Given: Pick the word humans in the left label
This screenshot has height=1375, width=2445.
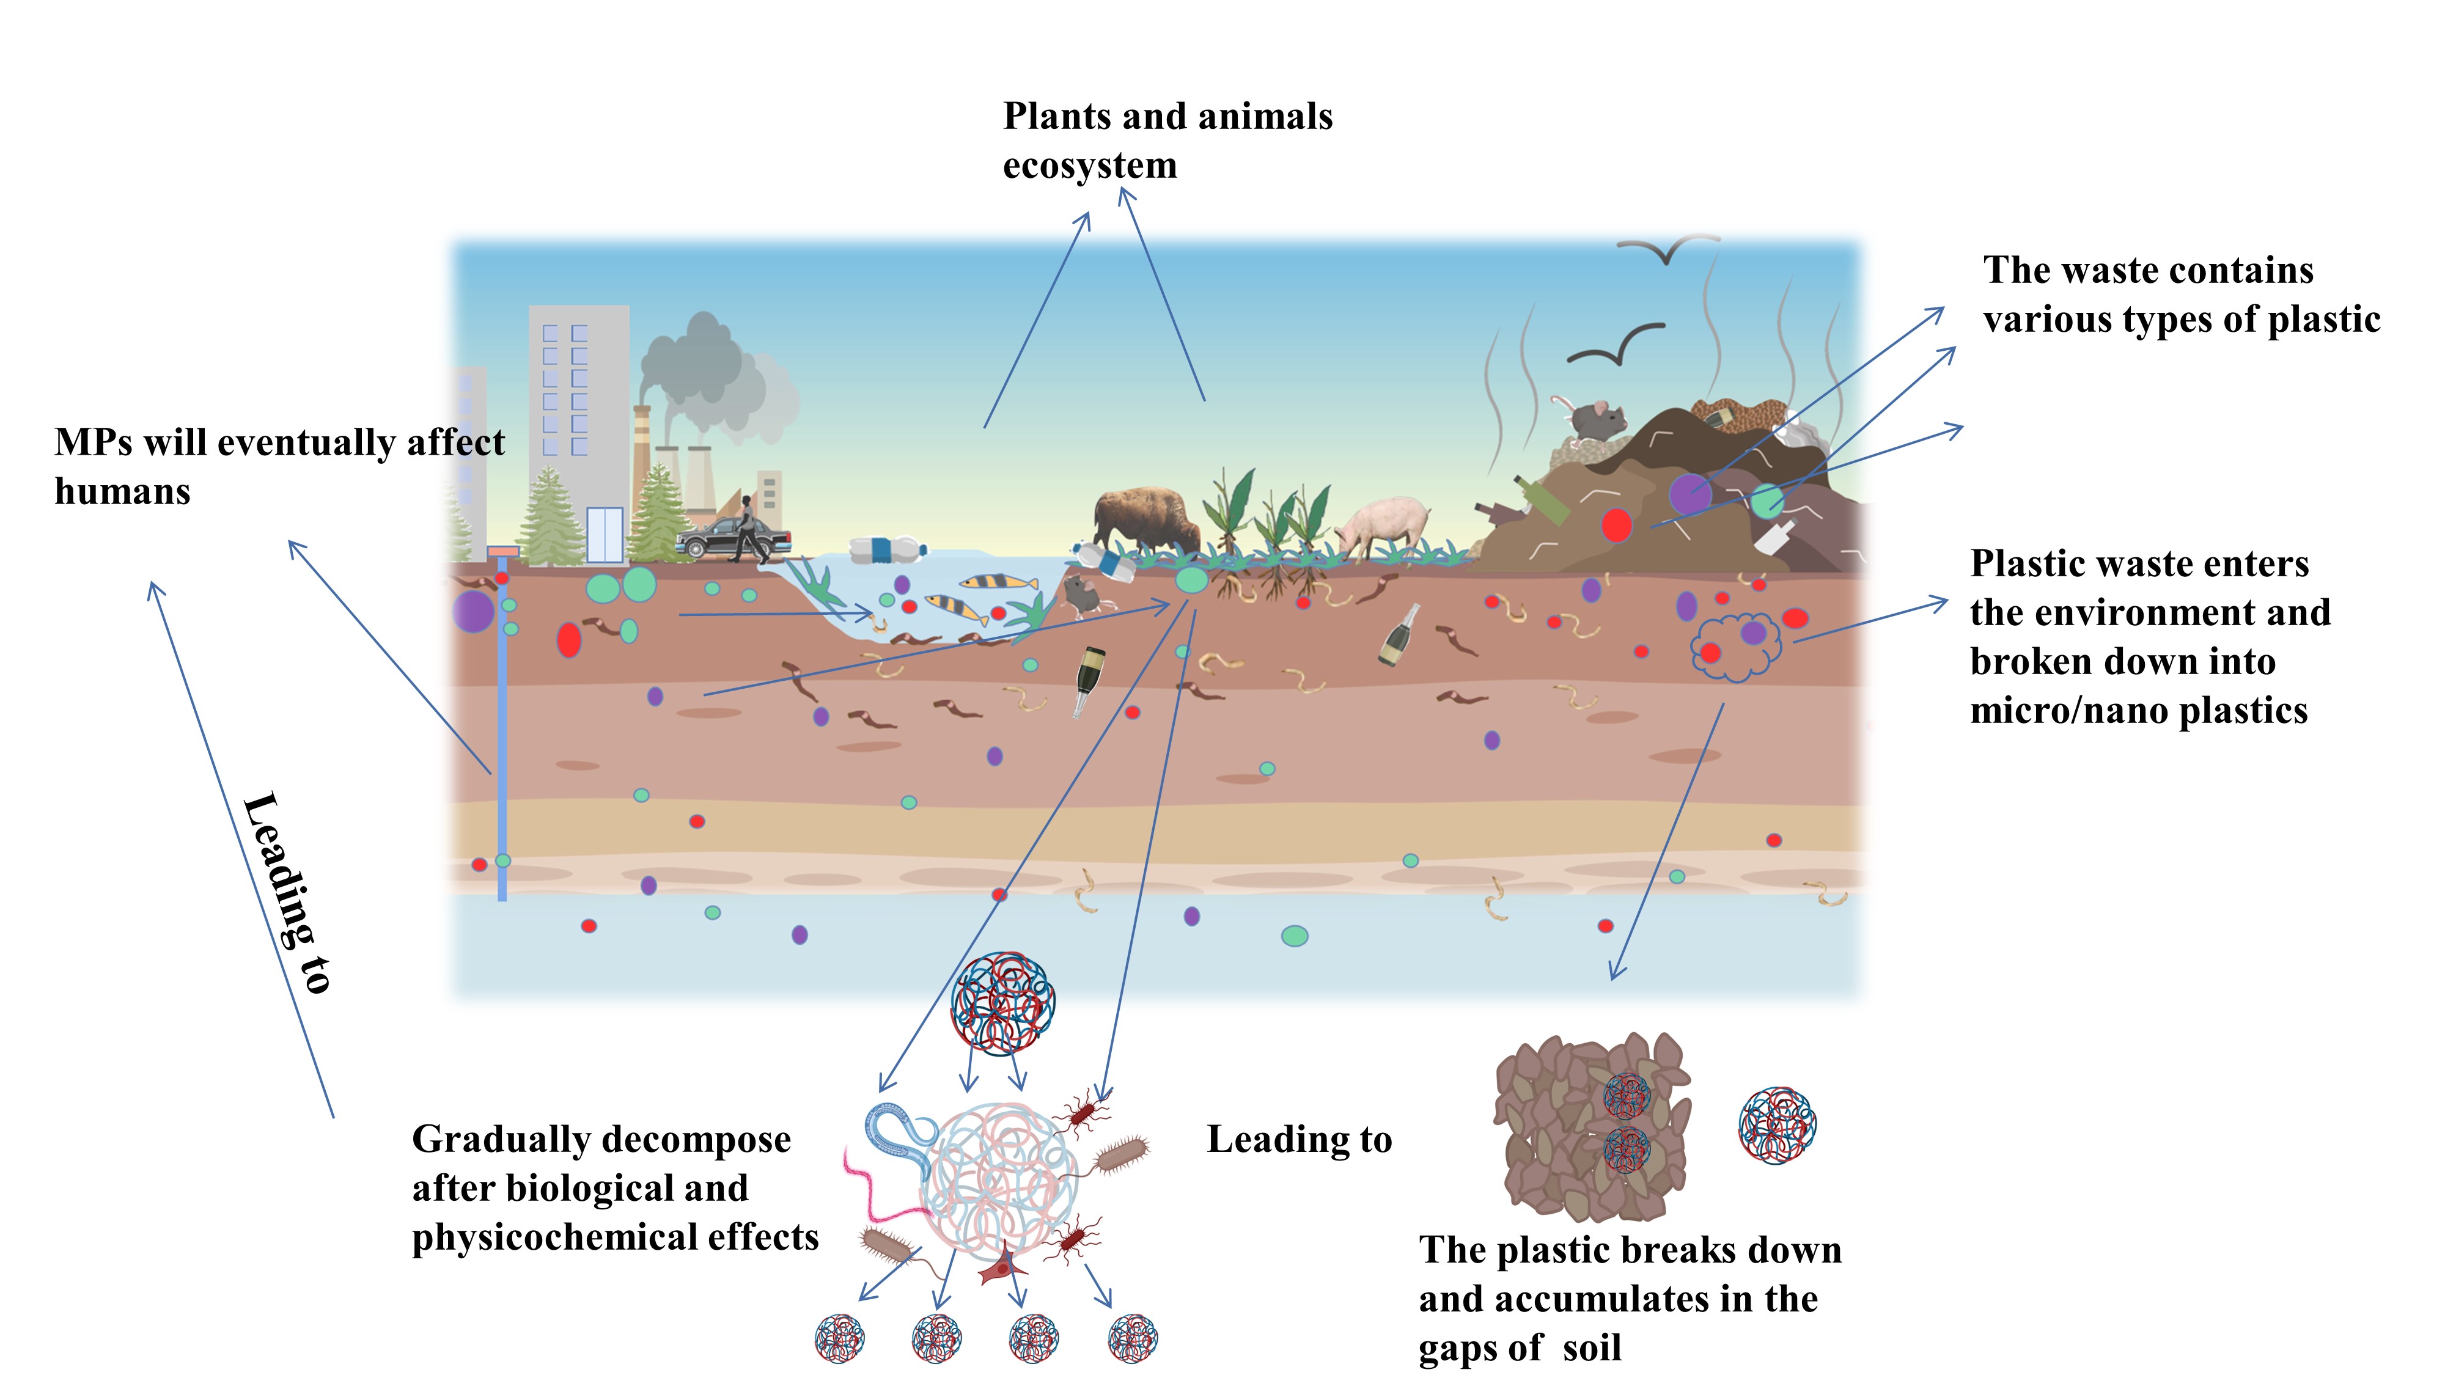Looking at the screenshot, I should pos(122,491).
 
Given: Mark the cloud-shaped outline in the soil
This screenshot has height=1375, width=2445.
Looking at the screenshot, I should pos(1735,646).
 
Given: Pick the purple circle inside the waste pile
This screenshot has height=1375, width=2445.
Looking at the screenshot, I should pos(1689,493).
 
